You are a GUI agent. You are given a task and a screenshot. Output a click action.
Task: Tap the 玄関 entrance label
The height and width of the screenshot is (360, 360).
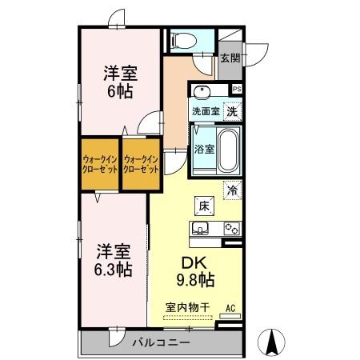[x=230, y=58]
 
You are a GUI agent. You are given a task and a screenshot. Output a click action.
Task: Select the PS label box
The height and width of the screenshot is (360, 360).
[x=236, y=89]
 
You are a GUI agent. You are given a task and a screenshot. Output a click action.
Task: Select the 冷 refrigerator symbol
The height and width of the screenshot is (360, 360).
[x=232, y=191]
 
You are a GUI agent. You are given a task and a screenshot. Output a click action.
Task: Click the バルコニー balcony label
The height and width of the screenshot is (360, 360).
[x=161, y=342]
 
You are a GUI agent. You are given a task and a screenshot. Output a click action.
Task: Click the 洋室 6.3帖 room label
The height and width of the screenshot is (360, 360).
[x=111, y=258]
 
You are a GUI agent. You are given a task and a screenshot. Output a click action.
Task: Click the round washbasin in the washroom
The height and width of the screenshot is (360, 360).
[x=200, y=91]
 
